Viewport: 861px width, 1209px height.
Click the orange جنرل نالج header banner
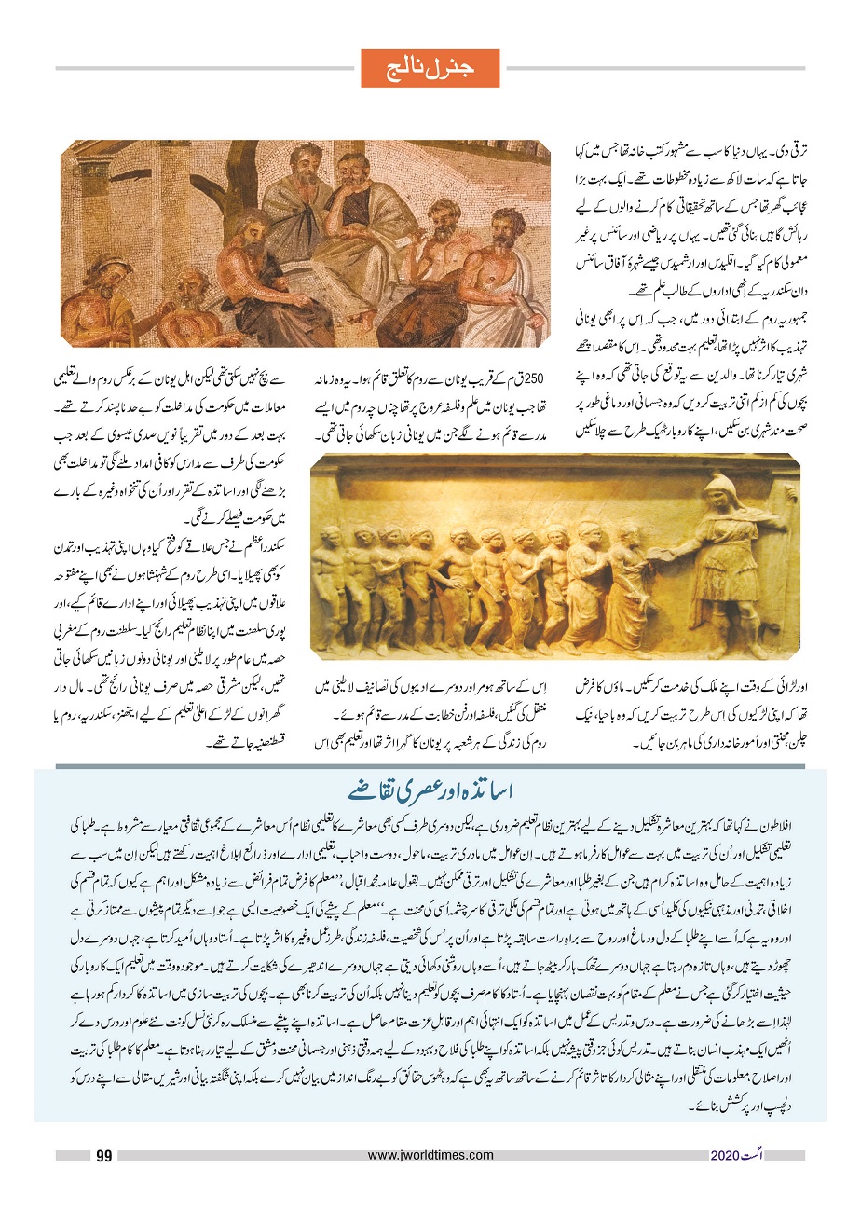click(430, 68)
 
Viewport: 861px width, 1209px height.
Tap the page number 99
click(103, 1156)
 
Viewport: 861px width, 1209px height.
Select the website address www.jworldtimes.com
click(430, 1156)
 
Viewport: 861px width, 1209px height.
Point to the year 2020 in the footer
click(723, 1156)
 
